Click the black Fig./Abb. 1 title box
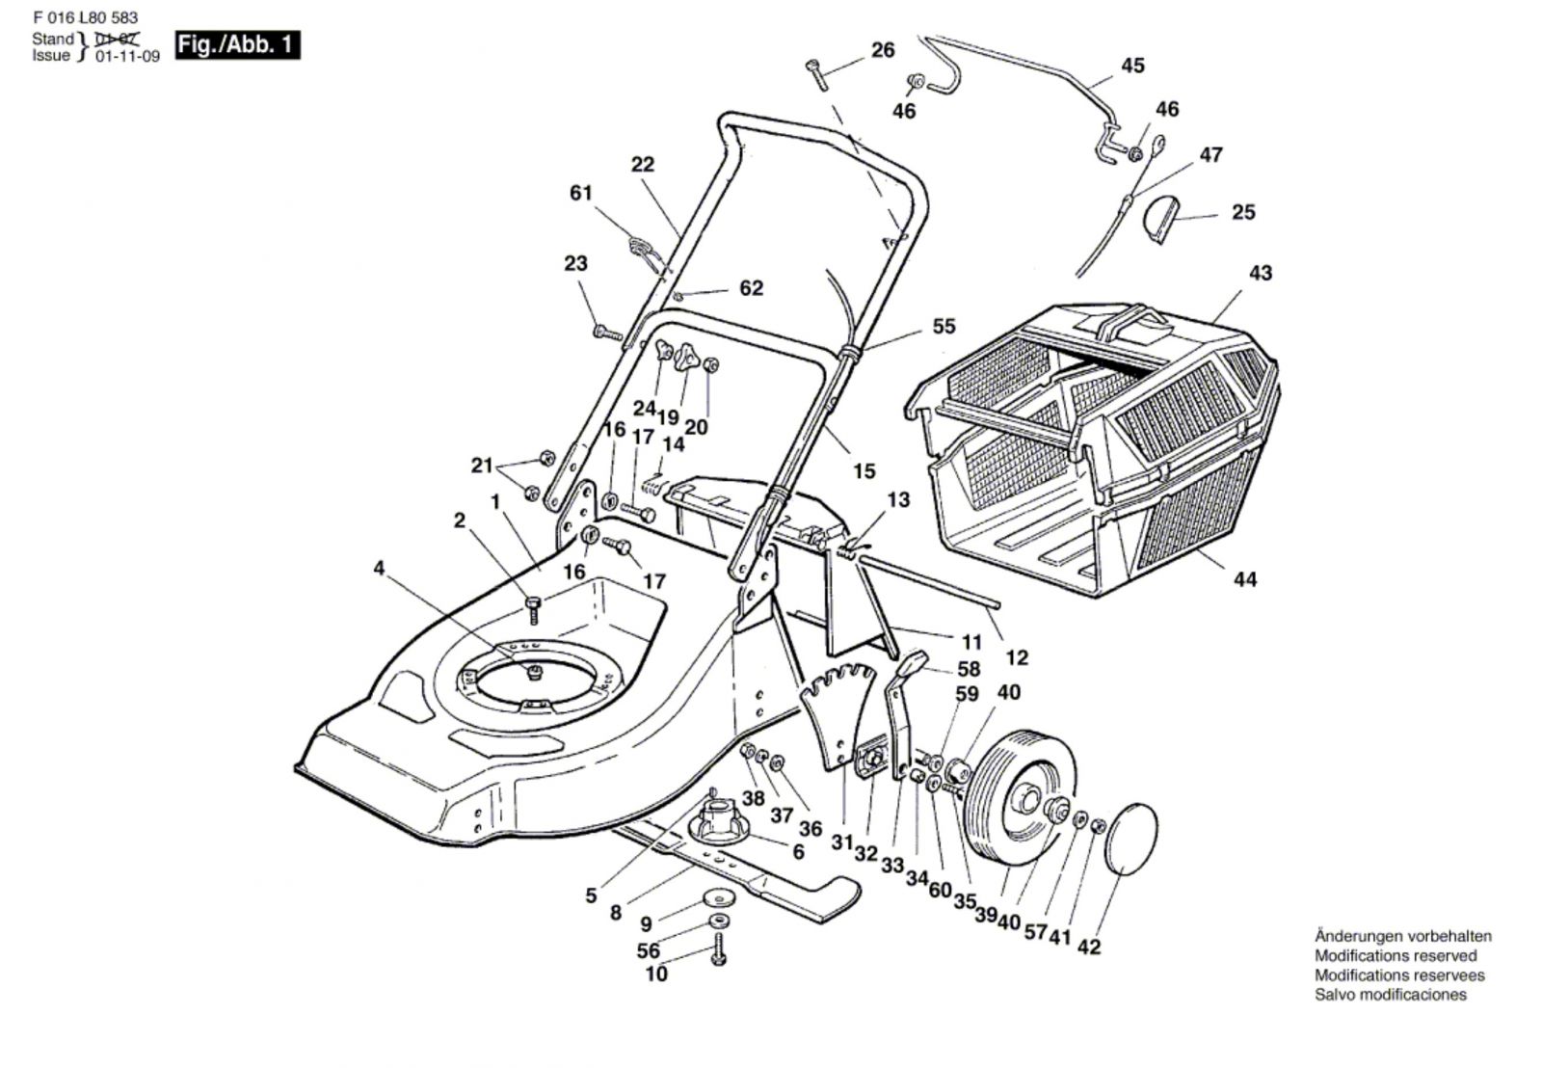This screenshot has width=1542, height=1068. pos(237,45)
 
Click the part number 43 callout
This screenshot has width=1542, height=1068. pos(1260,273)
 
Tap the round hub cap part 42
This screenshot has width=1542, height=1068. pos(1133,837)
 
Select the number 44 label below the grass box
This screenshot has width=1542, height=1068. pos(1245,579)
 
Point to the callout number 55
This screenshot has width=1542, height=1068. pos(944,327)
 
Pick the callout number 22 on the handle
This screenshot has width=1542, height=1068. pos(642,164)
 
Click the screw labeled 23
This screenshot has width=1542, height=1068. pos(606,332)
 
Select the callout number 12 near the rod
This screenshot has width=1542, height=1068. pos(1017,657)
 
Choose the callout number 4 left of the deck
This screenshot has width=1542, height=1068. pos(379,569)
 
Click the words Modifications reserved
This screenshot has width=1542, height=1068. pos(1396,955)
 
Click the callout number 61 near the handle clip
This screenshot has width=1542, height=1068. pos(580,193)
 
